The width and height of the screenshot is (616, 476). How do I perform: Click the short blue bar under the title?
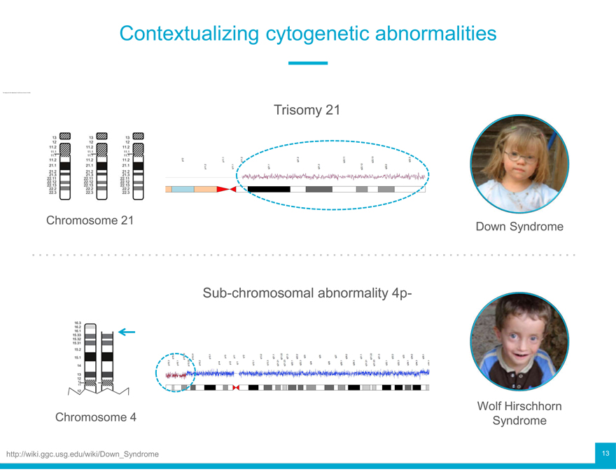pos(308,63)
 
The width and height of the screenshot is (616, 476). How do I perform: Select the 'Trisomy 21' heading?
pos(307,110)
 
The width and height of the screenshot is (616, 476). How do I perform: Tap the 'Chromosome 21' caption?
pos(90,220)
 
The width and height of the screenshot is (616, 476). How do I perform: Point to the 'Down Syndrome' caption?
pos(519,227)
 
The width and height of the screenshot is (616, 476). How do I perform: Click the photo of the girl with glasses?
pos(519,164)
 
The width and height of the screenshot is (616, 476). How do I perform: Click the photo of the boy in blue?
pos(519,342)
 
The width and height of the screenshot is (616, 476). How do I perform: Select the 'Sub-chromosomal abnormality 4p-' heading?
pos(307,293)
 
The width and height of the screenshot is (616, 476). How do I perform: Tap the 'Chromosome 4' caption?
pos(95,417)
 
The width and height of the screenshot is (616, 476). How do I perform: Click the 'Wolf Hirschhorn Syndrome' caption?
pos(519,413)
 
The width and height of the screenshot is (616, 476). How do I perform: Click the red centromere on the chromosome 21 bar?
pos(225,189)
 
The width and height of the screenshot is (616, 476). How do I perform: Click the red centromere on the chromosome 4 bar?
pos(236,387)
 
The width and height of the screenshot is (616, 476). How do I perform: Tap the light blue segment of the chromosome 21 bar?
pos(183,189)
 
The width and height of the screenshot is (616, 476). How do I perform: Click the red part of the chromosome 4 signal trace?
pos(177,374)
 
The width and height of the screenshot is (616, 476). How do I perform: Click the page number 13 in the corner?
pos(605,454)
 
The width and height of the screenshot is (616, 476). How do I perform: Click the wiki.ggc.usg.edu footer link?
pos(83,454)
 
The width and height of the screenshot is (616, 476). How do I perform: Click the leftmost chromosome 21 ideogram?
pos(63,164)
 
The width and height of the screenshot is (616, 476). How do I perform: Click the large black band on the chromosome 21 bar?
pos(269,189)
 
